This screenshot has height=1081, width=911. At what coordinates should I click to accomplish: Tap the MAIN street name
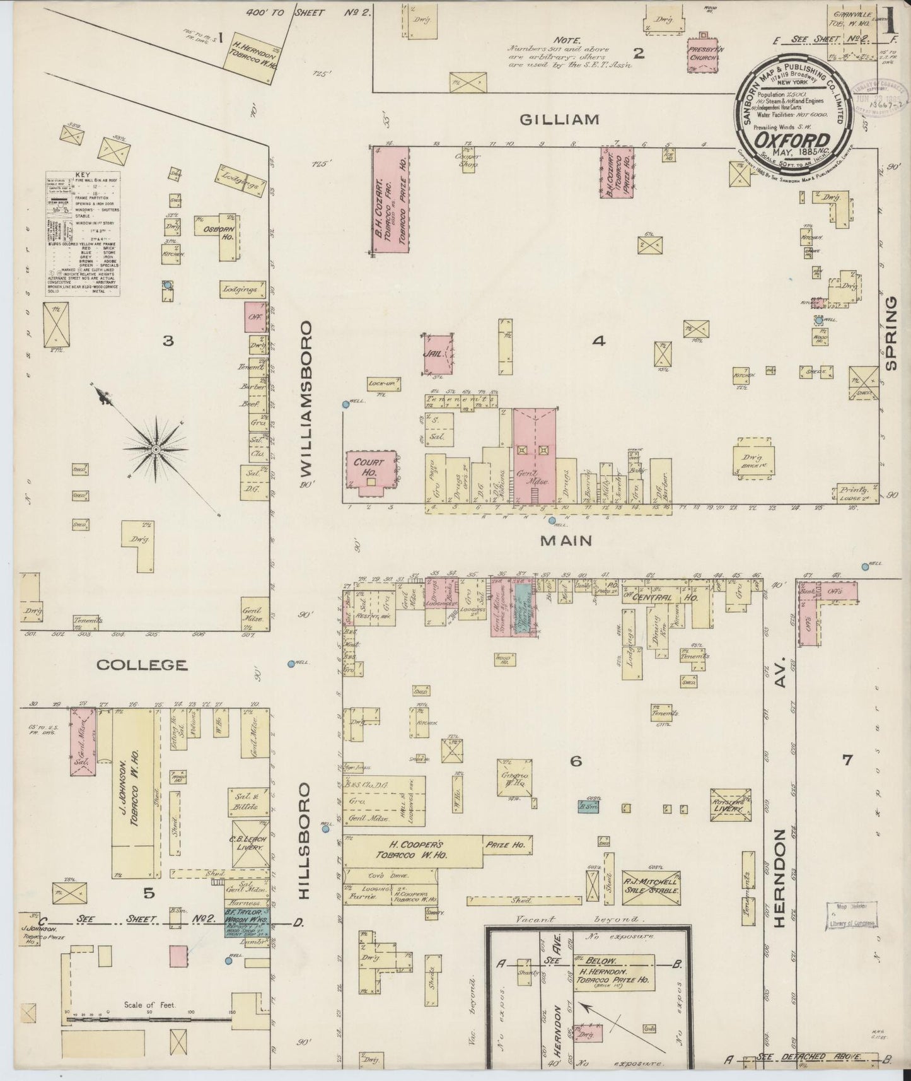click(566, 540)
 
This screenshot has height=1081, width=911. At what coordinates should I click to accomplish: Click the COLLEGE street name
click(142, 665)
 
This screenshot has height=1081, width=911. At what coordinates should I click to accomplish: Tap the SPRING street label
click(891, 334)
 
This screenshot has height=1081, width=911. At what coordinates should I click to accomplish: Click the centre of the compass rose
click(156, 449)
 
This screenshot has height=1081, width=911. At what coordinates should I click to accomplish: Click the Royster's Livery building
click(730, 804)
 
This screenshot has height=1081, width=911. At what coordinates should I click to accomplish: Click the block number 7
click(847, 760)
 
